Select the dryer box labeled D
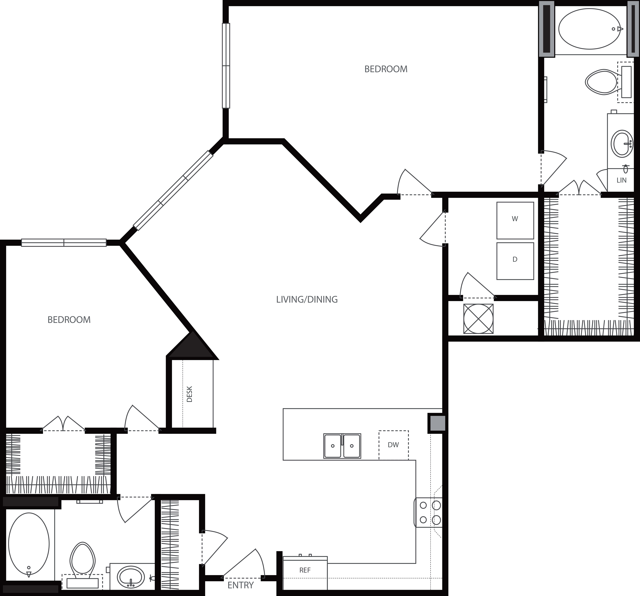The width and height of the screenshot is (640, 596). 515,261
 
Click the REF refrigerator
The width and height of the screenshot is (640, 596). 305,570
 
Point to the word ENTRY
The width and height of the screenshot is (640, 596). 240,585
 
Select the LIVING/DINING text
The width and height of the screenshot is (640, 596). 307,299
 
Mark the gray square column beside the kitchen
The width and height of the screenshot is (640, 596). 437,423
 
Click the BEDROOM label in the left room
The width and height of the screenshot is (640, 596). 69,320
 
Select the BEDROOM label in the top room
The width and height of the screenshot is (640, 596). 386,69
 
